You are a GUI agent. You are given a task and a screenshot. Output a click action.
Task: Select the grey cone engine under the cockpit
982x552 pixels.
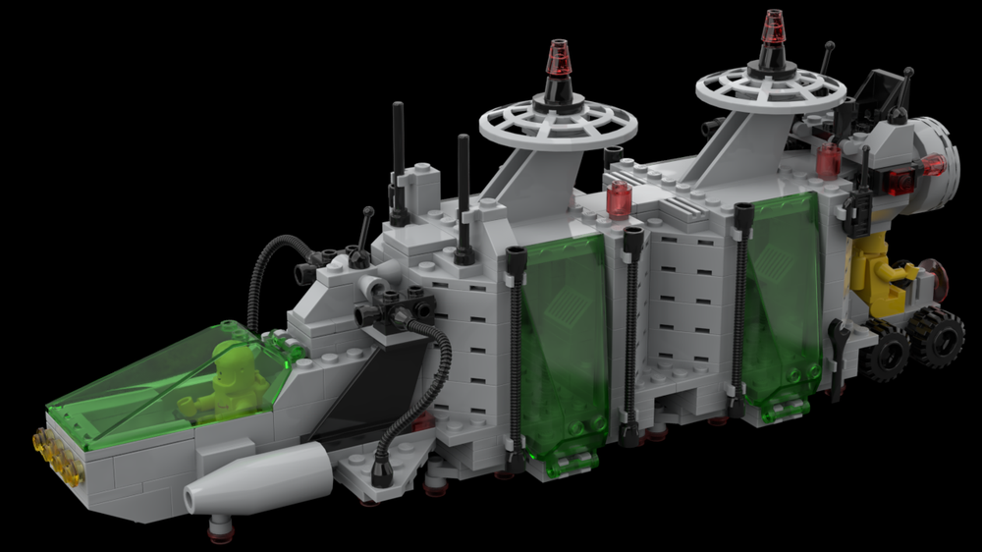pyautogui.click(x=265, y=478)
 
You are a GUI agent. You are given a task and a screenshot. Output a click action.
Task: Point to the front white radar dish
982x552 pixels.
pyautogui.click(x=558, y=125)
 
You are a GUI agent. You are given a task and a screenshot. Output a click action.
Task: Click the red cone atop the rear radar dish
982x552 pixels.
pyautogui.click(x=775, y=28)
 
